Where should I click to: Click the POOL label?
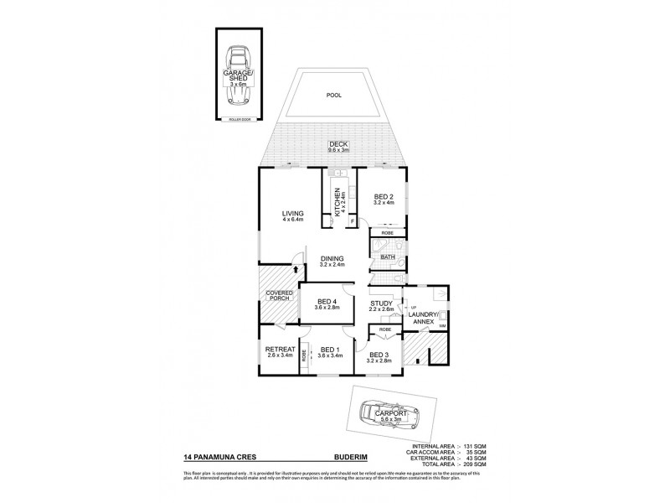(x=333, y=96)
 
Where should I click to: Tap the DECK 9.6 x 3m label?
(x=338, y=148)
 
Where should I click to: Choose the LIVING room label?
(x=291, y=216)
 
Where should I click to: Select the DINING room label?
(x=332, y=261)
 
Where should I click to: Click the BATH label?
(x=388, y=257)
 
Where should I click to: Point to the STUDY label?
(x=381, y=306)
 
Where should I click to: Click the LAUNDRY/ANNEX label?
(x=424, y=318)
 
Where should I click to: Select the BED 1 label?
(x=330, y=352)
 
